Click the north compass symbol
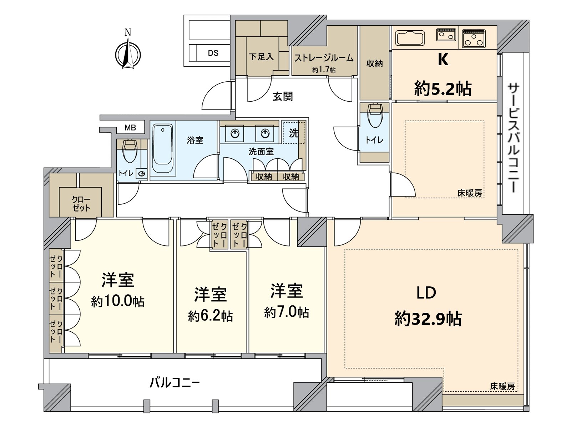128,55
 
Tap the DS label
213,53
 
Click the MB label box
130,127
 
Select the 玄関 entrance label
283,96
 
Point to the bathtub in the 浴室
163,149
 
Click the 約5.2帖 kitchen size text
443,88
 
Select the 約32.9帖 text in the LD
428,319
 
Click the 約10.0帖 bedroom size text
118,301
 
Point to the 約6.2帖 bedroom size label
211,316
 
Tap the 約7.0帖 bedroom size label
287,312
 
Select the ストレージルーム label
324,58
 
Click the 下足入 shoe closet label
261,56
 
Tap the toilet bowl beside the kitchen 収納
374,116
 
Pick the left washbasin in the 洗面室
234,134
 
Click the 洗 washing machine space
294,133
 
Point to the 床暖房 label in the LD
502,386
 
